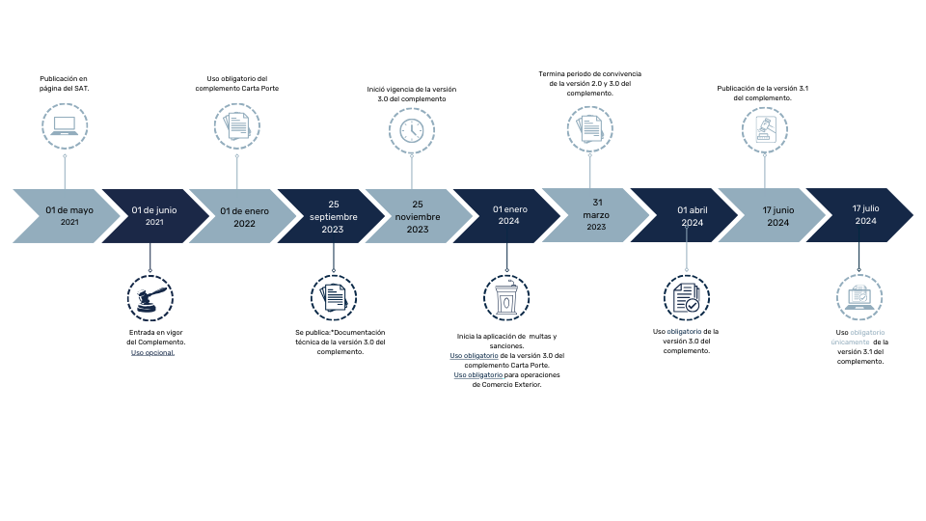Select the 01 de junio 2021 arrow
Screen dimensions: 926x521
coord(154,216)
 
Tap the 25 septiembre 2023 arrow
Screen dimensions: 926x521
coord(331,216)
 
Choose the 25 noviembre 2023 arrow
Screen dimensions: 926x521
coord(418,216)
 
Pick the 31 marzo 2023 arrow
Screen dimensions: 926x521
coord(595,215)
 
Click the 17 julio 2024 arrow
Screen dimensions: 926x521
coord(859,215)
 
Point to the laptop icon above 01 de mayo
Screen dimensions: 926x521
coord(65,125)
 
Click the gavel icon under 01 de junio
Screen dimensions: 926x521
coord(150,298)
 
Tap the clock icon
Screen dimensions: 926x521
coord(412,130)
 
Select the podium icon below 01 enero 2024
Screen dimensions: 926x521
coord(506,298)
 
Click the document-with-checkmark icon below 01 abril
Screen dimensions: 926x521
coord(686,298)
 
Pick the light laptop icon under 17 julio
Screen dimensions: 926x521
coord(859,297)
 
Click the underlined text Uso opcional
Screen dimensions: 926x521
coord(153,353)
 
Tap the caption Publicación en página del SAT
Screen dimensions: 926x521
coord(64,83)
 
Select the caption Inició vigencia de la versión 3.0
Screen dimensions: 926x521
coord(412,94)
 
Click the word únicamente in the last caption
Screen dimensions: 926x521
coord(850,342)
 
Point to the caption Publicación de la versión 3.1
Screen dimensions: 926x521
coord(762,93)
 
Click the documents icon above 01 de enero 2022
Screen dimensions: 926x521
coord(237,125)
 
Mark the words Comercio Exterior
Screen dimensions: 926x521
coord(511,385)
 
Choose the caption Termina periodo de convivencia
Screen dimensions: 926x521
coord(590,83)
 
